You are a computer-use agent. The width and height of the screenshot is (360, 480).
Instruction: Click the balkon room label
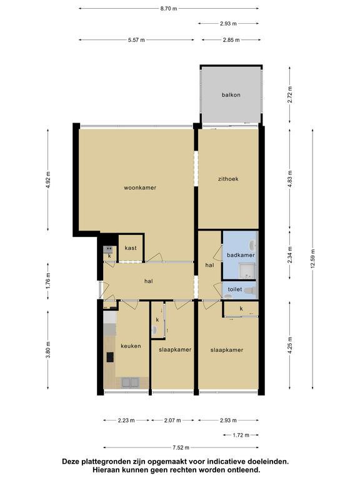pyautogui.click(x=231, y=95)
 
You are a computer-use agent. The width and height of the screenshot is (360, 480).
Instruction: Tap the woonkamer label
pyautogui.click(x=140, y=187)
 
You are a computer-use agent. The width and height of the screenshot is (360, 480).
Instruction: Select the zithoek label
pyautogui.click(x=228, y=179)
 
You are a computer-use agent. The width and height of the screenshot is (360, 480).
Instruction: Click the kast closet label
pyautogui.click(x=131, y=248)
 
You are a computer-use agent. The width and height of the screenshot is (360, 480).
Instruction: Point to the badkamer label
pyautogui.click(x=241, y=255)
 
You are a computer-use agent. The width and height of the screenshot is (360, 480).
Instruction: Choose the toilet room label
pyautogui.click(x=235, y=289)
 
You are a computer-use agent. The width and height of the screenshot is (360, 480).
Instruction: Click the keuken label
pyautogui.click(x=131, y=346)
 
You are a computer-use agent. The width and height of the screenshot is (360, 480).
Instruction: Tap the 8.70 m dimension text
pyautogui.click(x=169, y=9)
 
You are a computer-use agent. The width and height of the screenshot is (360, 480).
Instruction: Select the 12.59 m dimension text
pyautogui.click(x=312, y=259)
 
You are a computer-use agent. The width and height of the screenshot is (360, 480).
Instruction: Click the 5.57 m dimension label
pyautogui.click(x=136, y=40)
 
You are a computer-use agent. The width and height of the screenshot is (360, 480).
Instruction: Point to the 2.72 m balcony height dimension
pyautogui.click(x=290, y=95)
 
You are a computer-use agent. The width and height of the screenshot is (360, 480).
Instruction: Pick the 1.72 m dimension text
pyautogui.click(x=241, y=435)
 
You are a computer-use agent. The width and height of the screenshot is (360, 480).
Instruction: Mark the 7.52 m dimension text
pyautogui.click(x=181, y=447)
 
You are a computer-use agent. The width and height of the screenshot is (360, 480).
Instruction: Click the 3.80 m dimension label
pyautogui.click(x=48, y=349)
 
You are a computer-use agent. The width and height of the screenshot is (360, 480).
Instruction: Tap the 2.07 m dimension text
pyautogui.click(x=172, y=420)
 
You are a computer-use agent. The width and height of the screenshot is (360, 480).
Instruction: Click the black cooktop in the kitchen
pyautogui.click(x=109, y=357)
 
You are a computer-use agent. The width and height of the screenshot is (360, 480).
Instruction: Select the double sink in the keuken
pyautogui.click(x=131, y=382)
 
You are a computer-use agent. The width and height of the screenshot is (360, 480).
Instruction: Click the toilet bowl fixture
pyautogui.click(x=251, y=290)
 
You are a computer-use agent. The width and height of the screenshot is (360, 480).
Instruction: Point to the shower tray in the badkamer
pyautogui.click(x=247, y=272)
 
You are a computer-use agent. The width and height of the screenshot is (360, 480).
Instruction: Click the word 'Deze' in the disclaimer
pyautogui.click(x=70, y=461)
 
